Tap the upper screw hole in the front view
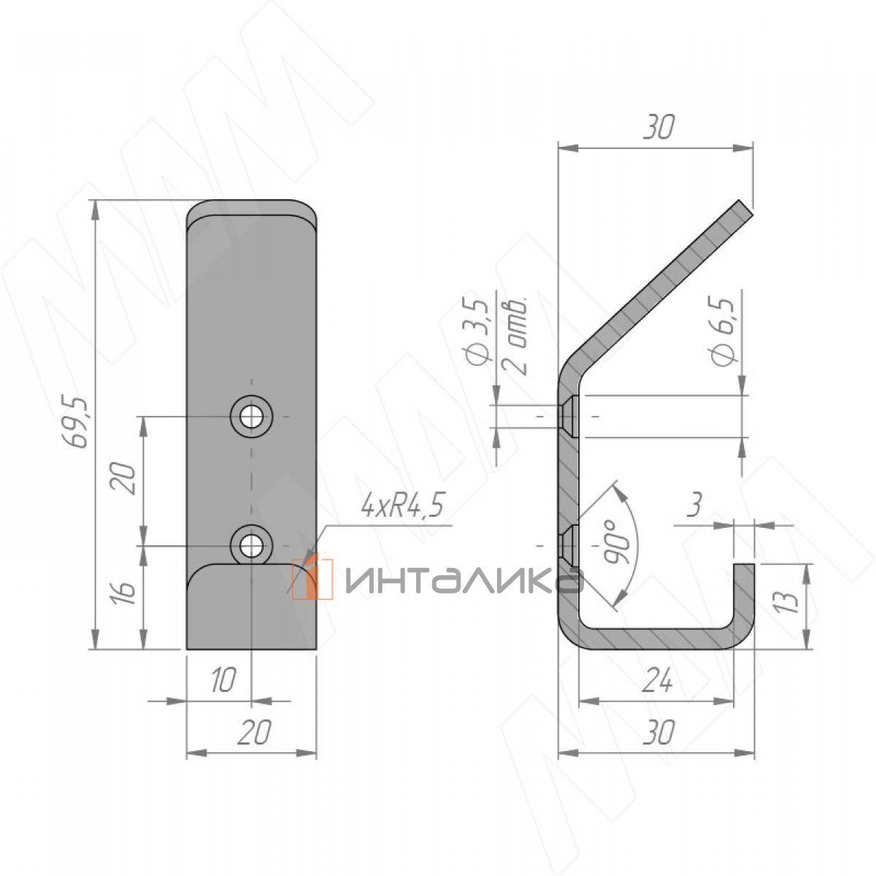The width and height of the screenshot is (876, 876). tap(251, 416)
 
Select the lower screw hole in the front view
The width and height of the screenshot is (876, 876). tap(251, 545)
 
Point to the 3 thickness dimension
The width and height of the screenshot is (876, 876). tap(695, 504)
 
